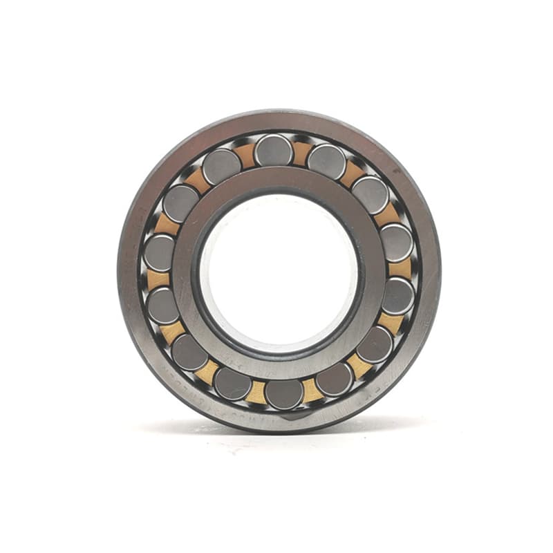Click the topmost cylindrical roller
273,150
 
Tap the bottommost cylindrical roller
284,393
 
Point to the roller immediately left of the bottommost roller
232,382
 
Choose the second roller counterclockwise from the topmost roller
181,202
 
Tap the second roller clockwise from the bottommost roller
189,352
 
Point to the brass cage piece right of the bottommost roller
310,390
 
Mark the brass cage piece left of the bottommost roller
256,391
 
